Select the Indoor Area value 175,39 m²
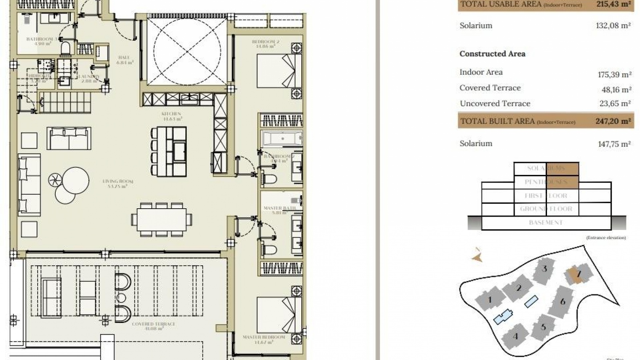tap(614, 75)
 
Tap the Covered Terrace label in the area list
tap(490, 88)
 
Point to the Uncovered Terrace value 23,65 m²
tap(615, 104)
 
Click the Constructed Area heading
tap(492, 54)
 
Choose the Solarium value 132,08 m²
tap(613, 26)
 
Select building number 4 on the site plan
tap(515, 336)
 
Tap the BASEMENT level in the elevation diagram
tap(546, 223)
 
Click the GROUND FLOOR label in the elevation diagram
tap(546, 209)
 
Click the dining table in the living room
tap(162, 220)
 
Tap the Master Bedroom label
tap(264, 337)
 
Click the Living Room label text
tap(118, 182)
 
